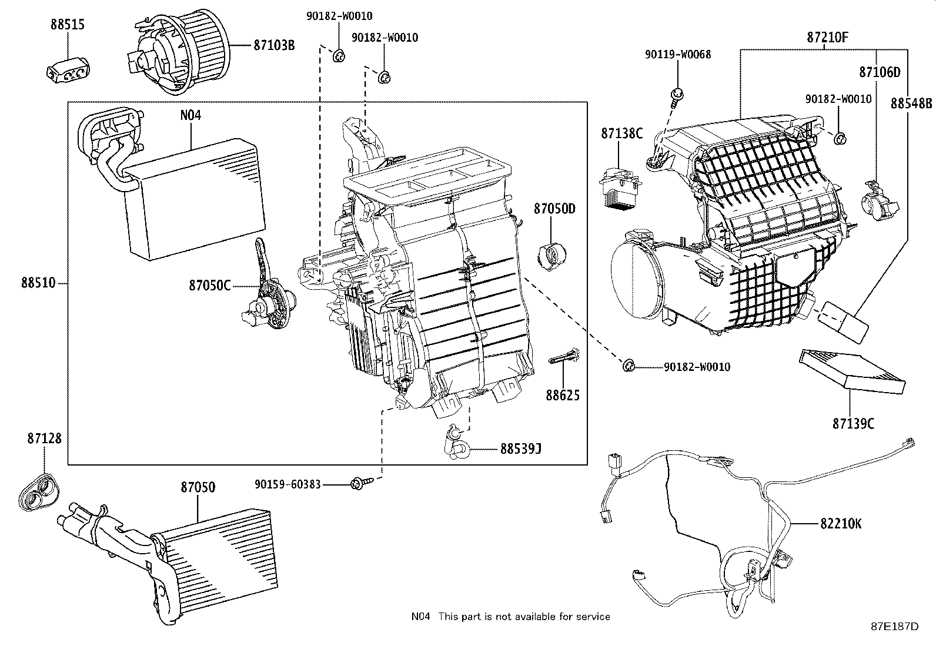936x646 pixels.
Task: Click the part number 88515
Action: click(67, 25)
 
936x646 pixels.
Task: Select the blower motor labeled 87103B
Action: click(182, 54)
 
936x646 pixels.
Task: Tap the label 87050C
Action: click(209, 286)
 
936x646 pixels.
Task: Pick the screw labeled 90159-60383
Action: click(357, 484)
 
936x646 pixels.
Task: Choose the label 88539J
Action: click(520, 449)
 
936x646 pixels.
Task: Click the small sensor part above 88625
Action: click(565, 357)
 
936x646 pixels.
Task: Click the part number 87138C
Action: click(621, 133)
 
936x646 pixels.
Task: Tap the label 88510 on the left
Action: click(38, 283)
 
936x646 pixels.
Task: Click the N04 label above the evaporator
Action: click(190, 115)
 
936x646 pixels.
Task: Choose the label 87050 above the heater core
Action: click(198, 487)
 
